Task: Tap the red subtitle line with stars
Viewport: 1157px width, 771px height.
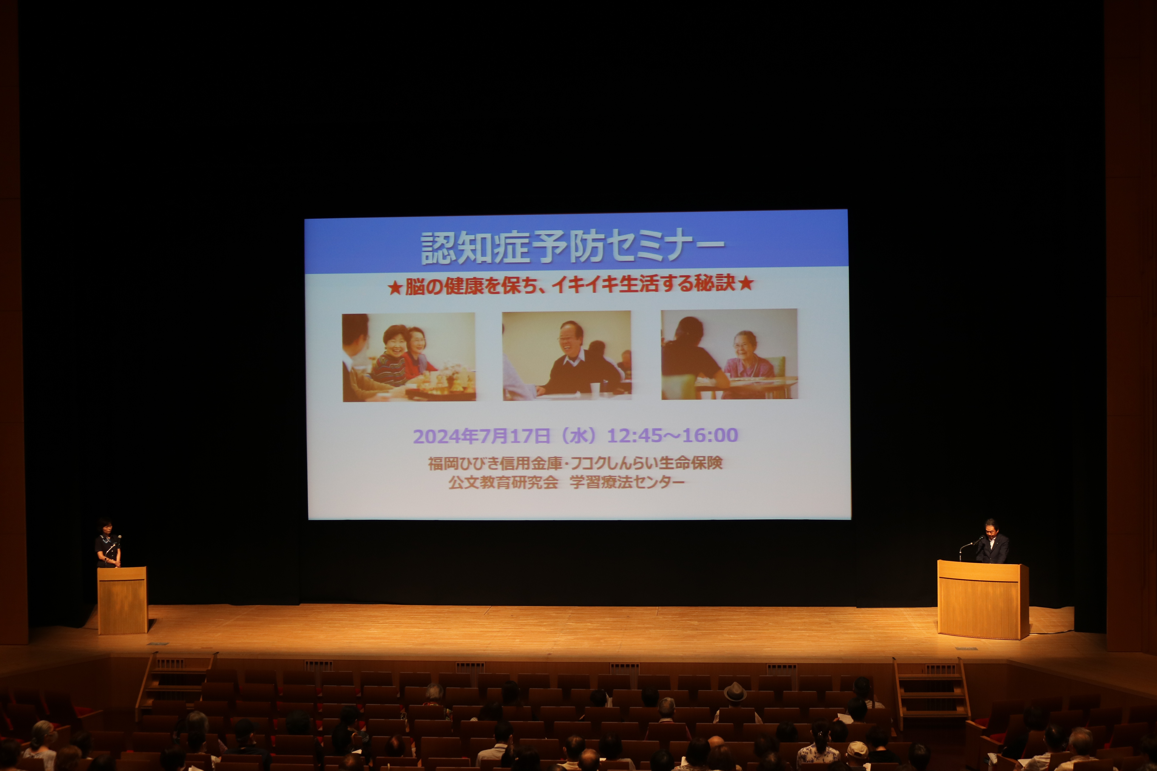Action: click(x=571, y=285)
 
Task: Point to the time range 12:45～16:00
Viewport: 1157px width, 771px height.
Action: click(x=672, y=435)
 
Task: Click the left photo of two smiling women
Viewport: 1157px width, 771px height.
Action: click(x=409, y=358)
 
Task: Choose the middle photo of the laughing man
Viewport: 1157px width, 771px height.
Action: click(x=567, y=355)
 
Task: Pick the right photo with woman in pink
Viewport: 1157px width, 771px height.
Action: click(x=729, y=354)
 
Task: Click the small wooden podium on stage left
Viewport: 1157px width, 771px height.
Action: click(x=122, y=600)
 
